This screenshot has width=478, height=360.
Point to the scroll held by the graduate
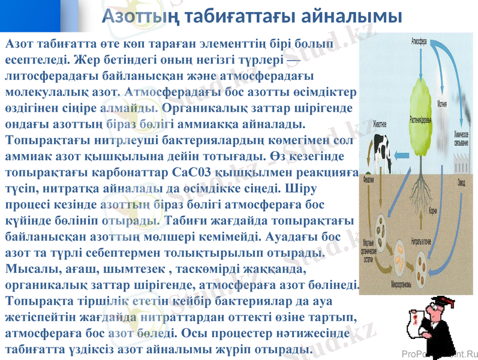[413, 318]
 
